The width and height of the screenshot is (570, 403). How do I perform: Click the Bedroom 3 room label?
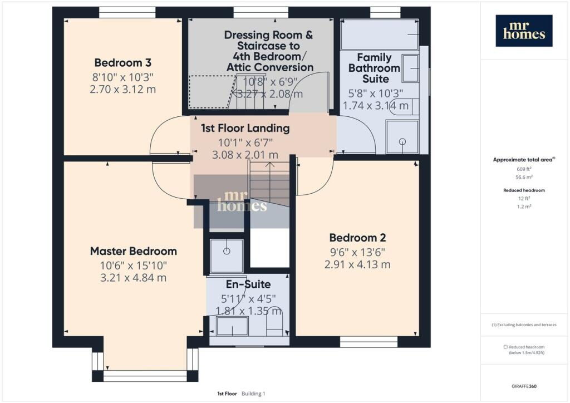[x=122, y=62]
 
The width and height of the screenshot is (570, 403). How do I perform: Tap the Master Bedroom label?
[x=134, y=251]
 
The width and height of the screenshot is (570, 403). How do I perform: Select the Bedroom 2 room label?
[x=357, y=238]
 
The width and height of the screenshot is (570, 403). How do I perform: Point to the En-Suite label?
[x=248, y=284]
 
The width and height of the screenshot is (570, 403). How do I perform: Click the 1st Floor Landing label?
[x=245, y=128]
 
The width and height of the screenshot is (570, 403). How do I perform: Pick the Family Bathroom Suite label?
[x=375, y=68]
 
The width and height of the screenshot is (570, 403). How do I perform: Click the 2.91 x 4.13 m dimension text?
[x=357, y=264]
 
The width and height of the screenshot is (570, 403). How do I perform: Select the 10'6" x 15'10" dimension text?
[x=134, y=266]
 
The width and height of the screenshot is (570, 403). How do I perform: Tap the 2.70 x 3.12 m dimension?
[x=122, y=90]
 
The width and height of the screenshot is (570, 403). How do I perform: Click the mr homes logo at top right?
[x=524, y=31]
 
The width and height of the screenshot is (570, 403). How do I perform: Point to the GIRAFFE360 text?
[x=524, y=386]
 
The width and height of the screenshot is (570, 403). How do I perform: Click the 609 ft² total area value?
[x=524, y=169]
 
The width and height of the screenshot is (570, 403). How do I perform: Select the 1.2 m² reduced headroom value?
[x=524, y=207]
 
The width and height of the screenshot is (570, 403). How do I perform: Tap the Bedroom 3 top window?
[x=127, y=12]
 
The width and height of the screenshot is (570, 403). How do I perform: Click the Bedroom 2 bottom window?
[x=368, y=342]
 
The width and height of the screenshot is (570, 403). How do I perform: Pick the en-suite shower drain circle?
[x=227, y=251]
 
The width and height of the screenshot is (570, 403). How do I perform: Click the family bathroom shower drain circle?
[x=402, y=141]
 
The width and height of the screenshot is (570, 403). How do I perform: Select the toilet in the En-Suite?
[x=274, y=323]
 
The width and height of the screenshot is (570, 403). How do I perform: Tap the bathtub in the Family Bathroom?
[x=380, y=34]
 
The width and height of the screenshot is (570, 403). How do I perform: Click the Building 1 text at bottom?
[x=253, y=394]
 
